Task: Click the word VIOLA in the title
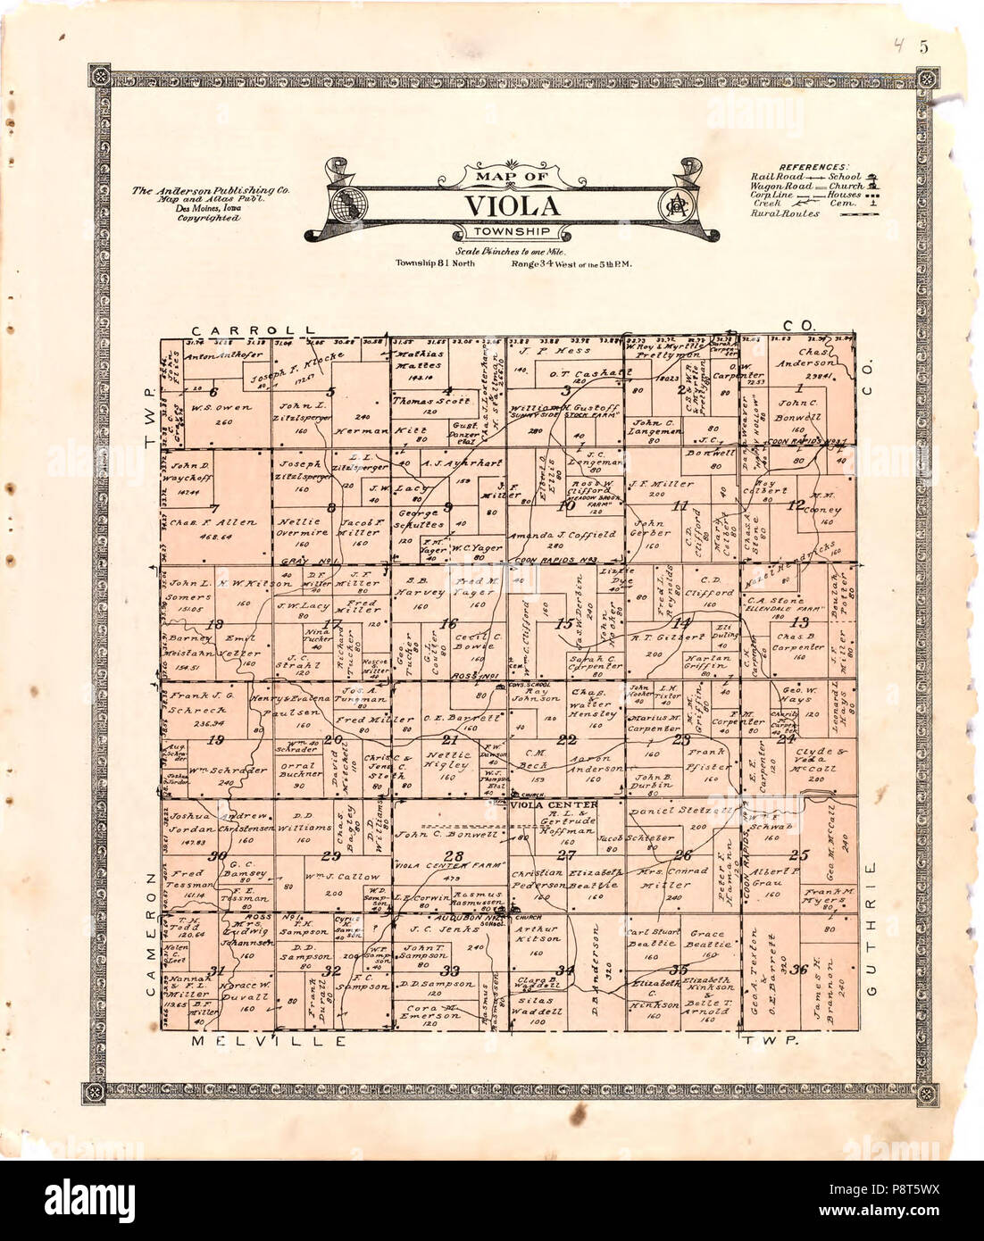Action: click(x=512, y=206)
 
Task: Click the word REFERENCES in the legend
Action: click(x=813, y=167)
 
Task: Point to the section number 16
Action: click(x=448, y=625)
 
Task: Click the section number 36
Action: click(x=799, y=970)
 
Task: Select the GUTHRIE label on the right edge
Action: click(x=876, y=929)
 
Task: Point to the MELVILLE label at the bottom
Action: click(x=268, y=1041)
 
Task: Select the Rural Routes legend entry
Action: click(x=785, y=214)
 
